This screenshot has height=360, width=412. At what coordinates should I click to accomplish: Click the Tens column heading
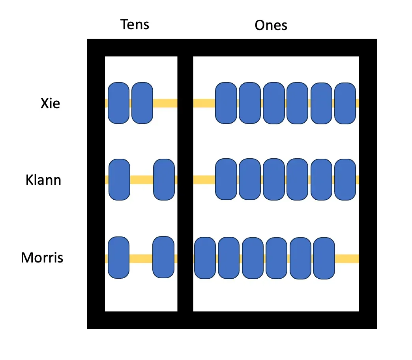coord(135,24)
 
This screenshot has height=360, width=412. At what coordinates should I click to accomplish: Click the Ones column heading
coord(271,25)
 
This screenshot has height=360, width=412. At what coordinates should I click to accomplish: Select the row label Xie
coord(50,103)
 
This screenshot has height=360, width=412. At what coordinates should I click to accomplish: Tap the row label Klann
coord(43,180)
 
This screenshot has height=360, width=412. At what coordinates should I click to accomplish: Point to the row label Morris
coord(42,258)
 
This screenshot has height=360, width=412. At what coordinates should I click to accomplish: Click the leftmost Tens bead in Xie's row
coord(118,103)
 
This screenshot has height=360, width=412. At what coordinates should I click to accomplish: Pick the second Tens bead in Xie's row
coord(142,103)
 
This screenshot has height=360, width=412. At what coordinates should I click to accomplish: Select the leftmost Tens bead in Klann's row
coord(119,180)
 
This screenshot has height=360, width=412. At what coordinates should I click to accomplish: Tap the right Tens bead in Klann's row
coord(164,180)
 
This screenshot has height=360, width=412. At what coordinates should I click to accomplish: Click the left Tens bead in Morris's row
coord(118,257)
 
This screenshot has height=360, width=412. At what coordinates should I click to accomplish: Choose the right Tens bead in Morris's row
coord(163,257)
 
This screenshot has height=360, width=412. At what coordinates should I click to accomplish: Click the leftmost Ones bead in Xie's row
coord(226,103)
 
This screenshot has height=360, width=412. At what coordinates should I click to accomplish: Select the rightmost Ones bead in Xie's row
coord(345,103)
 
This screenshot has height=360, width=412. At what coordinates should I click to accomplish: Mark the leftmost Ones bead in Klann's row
coord(226,180)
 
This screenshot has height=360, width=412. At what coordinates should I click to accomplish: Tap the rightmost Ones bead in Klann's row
coord(345,180)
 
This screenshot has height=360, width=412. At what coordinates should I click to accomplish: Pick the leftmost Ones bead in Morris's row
coord(205,258)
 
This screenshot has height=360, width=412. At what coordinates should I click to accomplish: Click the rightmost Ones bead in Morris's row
coord(324,258)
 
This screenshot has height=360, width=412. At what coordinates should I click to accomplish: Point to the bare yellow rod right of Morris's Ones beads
coord(347,259)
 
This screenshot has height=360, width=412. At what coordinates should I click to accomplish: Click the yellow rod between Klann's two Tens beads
coord(141,180)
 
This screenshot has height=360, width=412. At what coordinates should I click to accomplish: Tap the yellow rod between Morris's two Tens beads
coord(141,259)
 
